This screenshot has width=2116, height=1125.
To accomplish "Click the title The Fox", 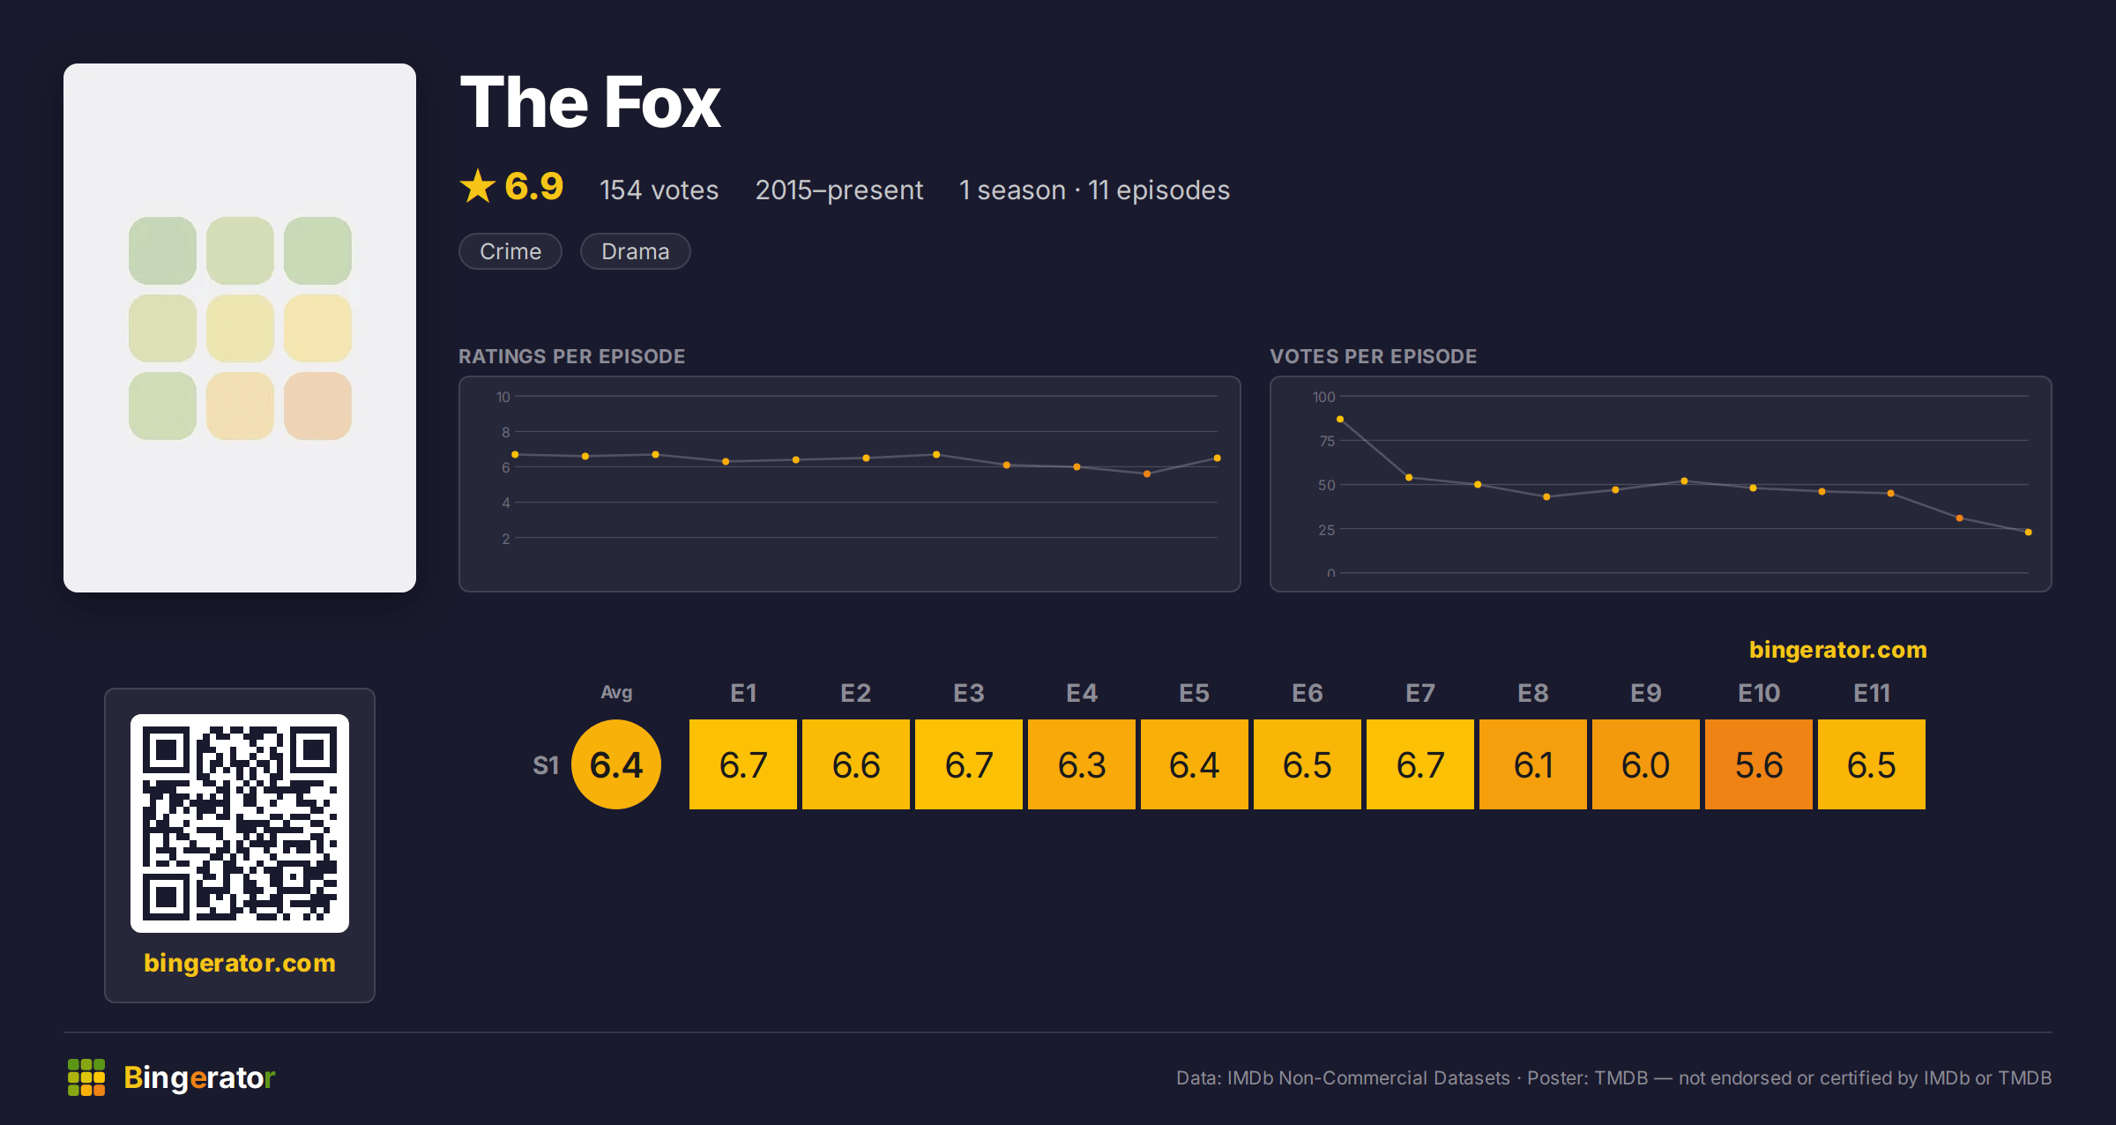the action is click(590, 102).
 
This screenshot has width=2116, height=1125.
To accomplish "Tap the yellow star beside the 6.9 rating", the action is click(478, 186).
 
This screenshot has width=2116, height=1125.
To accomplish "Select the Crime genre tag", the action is click(510, 251).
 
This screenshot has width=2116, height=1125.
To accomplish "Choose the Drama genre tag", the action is click(635, 251).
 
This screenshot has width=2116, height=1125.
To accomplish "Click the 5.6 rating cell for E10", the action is click(1759, 764).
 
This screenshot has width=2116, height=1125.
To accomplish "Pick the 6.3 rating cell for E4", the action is click(1082, 764).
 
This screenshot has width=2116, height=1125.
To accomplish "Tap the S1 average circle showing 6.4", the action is click(616, 764).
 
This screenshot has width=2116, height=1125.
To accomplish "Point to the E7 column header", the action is click(1420, 693).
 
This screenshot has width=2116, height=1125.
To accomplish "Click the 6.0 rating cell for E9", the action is click(1646, 764).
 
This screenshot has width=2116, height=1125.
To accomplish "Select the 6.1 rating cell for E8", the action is click(1533, 764).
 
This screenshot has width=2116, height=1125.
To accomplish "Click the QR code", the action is click(240, 823).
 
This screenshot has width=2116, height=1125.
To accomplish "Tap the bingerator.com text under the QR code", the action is click(240, 963).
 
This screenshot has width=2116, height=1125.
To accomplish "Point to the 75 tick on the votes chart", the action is click(1327, 441).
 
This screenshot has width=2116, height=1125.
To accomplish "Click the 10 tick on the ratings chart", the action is click(503, 397).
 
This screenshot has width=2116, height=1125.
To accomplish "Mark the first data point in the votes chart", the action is click(1340, 419).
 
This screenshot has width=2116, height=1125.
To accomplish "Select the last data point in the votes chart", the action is click(2029, 532).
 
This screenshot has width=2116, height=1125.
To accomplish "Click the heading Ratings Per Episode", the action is click(571, 356).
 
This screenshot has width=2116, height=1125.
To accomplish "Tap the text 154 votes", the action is click(659, 190).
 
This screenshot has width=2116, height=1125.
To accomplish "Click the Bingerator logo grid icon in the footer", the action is click(86, 1077).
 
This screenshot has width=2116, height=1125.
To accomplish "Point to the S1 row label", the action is click(546, 765).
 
